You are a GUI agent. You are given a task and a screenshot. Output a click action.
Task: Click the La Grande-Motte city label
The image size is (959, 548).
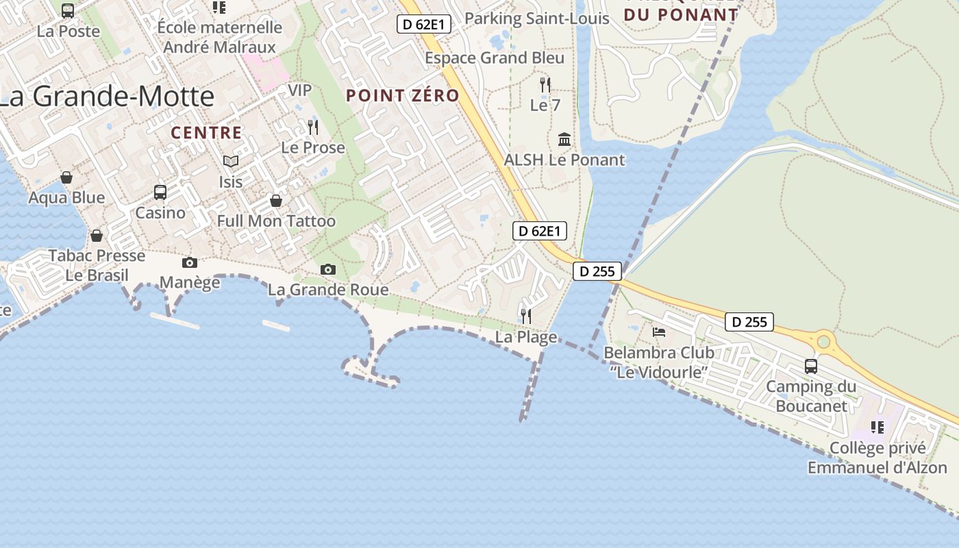[x=106, y=97]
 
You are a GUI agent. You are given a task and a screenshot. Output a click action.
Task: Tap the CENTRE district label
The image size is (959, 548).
[x=206, y=133]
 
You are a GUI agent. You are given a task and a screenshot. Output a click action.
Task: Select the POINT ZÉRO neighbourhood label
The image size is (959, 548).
[x=402, y=96]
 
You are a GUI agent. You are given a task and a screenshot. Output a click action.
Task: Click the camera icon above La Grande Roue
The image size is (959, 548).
[x=328, y=269]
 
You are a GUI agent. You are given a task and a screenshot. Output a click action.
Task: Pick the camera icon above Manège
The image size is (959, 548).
[x=190, y=262]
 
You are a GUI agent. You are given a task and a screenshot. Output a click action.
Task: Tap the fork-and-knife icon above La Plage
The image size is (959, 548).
[x=525, y=316]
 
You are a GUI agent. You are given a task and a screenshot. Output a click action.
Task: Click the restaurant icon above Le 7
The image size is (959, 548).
[x=545, y=85]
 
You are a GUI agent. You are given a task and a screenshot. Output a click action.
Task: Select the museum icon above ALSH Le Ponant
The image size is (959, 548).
[x=564, y=140]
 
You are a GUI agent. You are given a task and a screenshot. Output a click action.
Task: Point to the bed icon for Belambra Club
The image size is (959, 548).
[x=659, y=332]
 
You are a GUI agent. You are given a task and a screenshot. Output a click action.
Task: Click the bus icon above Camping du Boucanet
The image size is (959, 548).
[x=811, y=366]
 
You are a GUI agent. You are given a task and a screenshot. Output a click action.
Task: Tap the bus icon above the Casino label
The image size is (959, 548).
[x=160, y=192]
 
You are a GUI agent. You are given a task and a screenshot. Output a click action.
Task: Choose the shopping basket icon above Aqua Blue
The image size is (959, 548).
[x=66, y=178]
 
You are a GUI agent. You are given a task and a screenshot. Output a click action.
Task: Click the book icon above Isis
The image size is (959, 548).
[x=231, y=161]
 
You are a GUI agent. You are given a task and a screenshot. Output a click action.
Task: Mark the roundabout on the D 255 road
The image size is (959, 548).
[x=823, y=340]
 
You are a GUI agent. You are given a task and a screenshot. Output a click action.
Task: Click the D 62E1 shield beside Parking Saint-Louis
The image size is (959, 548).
[x=424, y=25]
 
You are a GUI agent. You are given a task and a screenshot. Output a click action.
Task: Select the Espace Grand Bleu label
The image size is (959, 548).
[x=495, y=58]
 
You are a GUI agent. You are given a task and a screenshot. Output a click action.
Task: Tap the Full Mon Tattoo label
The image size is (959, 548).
[x=276, y=221]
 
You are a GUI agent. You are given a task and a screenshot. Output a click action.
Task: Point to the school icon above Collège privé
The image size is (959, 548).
[x=877, y=427]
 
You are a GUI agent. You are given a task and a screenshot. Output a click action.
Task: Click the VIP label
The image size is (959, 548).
[x=299, y=90]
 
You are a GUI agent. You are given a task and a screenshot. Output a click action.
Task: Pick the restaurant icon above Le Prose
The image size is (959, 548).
[x=313, y=127]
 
